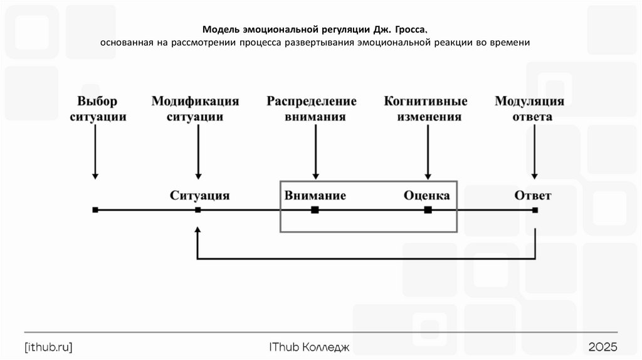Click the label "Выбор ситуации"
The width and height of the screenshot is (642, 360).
click(x=97, y=109)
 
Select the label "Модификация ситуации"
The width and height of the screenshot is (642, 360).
click(x=196, y=109)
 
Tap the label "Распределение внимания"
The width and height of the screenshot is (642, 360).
click(x=312, y=109)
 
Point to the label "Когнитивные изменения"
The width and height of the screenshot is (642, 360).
click(x=426, y=109)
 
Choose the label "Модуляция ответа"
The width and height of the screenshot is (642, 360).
click(x=530, y=109)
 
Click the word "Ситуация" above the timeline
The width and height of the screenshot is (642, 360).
click(x=199, y=195)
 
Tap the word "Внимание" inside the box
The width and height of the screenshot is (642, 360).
click(x=315, y=195)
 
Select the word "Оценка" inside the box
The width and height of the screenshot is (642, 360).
click(x=426, y=195)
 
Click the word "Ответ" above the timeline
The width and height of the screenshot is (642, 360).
click(x=533, y=195)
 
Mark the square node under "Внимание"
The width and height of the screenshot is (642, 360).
click(x=315, y=210)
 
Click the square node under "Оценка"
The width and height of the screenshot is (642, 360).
click(x=428, y=210)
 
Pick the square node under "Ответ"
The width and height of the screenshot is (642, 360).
click(x=535, y=210)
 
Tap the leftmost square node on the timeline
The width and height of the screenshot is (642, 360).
click(x=95, y=210)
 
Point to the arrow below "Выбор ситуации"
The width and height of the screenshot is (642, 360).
click(x=95, y=151)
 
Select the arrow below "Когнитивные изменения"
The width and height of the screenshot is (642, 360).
click(x=428, y=151)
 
